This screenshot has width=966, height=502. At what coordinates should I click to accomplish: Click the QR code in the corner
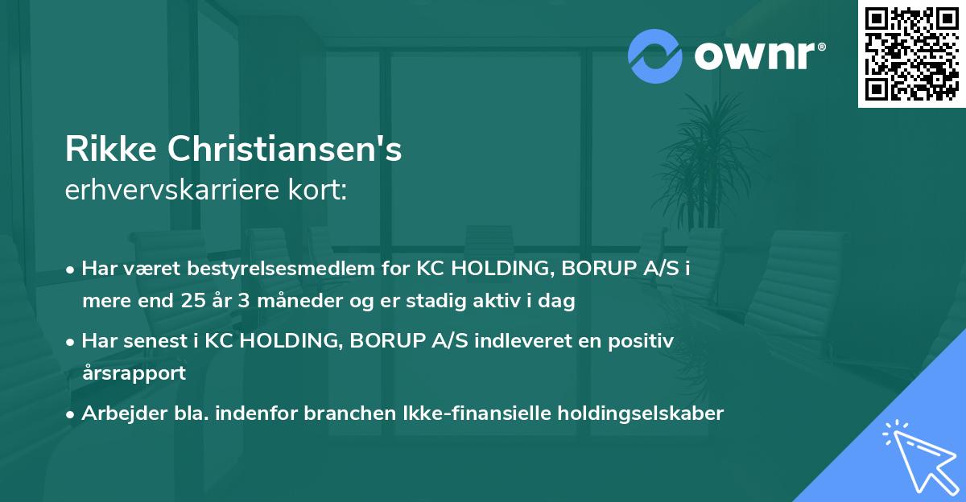click(911, 54)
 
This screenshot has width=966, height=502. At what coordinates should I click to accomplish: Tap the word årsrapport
click(134, 373)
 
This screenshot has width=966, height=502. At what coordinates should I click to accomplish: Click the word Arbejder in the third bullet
click(117, 414)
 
